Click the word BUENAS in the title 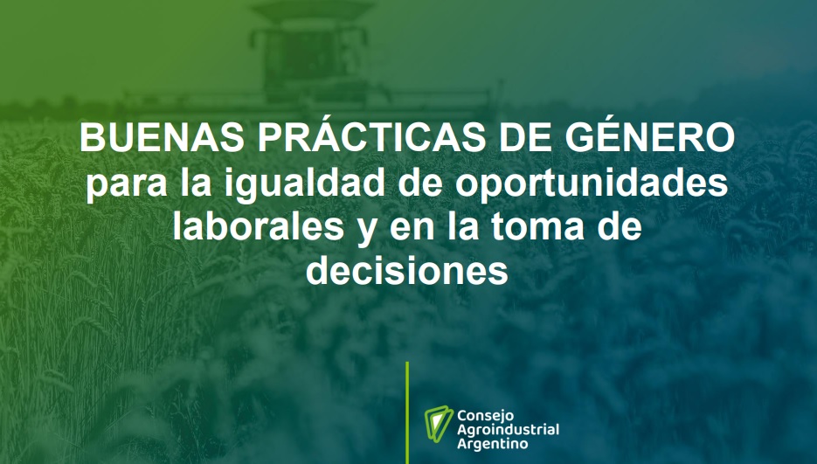tap(162, 138)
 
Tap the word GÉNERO tap(650, 135)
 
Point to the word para tap(127, 185)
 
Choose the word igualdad tap(307, 183)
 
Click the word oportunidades tap(592, 183)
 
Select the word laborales tap(258, 226)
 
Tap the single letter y tap(367, 231)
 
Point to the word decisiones tap(406, 271)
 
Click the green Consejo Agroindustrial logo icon tap(438, 424)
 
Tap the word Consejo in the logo tap(478, 417)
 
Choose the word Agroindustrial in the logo tap(508, 430)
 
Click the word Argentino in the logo tap(485, 444)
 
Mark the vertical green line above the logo tap(407, 412)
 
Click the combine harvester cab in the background tap(309, 58)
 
